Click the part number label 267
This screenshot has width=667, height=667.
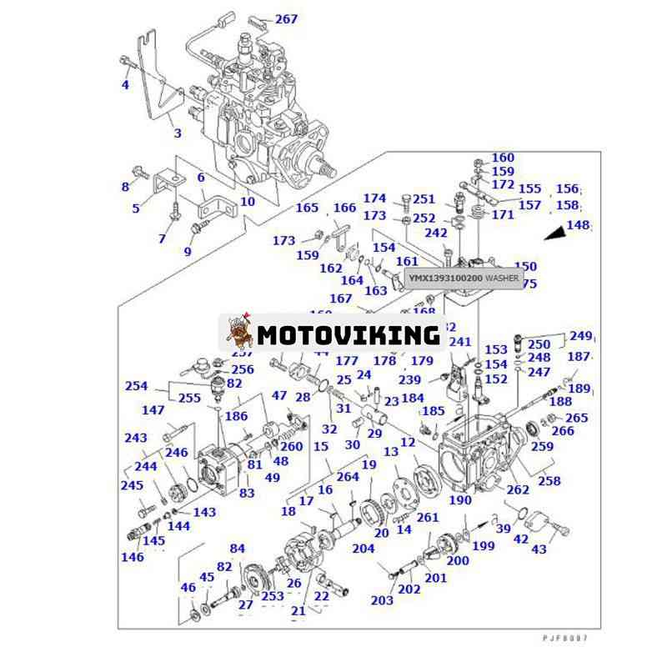click(x=286, y=19)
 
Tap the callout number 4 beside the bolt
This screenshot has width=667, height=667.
click(x=126, y=84)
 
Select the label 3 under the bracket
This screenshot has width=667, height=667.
click(x=176, y=133)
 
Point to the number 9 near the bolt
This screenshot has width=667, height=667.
click(x=188, y=251)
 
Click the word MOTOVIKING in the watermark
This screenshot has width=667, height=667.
click(x=349, y=335)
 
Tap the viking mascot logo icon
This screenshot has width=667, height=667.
click(x=240, y=333)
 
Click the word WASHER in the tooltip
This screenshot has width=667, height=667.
click(x=502, y=277)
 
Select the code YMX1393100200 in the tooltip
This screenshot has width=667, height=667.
click(x=445, y=277)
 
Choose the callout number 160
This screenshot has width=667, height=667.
click(x=503, y=158)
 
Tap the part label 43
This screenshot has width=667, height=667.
click(x=539, y=549)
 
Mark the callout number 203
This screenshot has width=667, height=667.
click(x=382, y=600)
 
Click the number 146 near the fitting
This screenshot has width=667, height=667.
click(x=133, y=557)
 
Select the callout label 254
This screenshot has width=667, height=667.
click(x=136, y=386)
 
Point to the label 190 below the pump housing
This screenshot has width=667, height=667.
click(x=459, y=500)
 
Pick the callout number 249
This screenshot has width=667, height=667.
click(x=580, y=336)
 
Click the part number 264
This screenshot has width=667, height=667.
click(x=347, y=478)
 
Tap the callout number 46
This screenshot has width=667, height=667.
click(x=188, y=588)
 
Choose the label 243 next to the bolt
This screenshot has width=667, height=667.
click(x=136, y=438)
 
